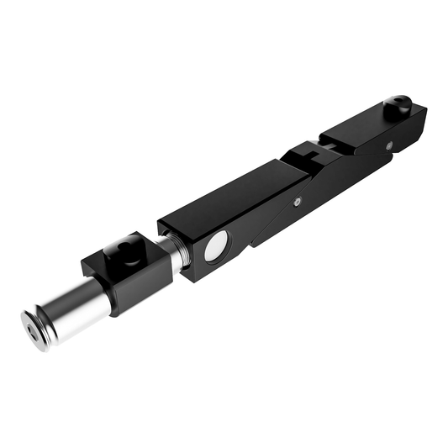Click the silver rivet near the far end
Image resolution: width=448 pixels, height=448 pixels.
coord(390,144)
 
